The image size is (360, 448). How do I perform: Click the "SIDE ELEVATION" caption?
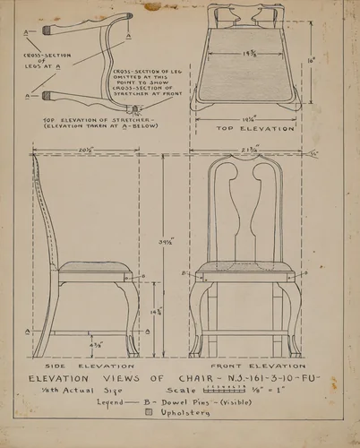pos(88,366)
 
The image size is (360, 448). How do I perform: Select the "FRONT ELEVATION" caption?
pos(258,366)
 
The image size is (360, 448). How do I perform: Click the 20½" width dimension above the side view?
pos(86,151)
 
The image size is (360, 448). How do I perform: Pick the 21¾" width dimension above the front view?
pos(250,150)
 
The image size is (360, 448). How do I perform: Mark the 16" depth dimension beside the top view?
pos(311,60)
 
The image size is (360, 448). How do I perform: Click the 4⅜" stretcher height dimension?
pos(95,344)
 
